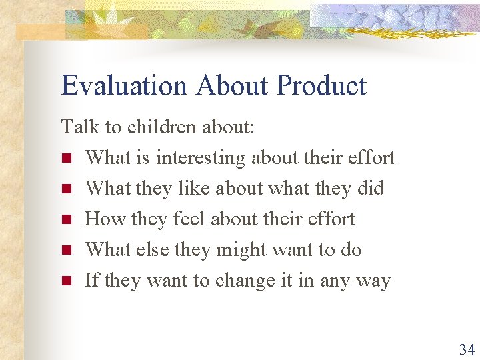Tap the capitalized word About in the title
234,86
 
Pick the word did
371,188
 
